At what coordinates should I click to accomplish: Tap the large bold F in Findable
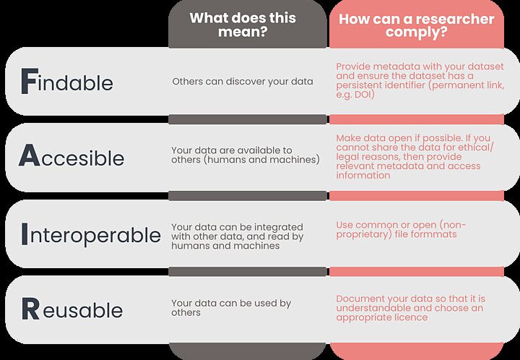28,82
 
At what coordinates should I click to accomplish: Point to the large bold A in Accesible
29,156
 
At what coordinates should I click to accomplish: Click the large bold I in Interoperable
26,234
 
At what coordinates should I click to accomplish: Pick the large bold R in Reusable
30,309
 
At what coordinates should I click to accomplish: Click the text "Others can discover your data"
242,82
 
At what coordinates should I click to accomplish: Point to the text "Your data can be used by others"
230,308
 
